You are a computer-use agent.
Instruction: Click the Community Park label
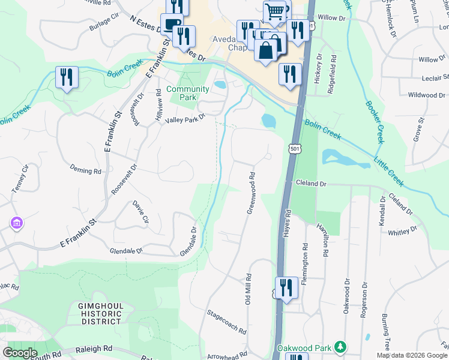[187, 93]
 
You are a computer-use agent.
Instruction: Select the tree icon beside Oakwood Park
[340, 347]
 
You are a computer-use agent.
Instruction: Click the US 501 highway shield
[294, 148]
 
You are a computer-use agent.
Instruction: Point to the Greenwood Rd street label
[252, 193]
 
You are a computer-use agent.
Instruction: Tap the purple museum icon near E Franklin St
[16, 224]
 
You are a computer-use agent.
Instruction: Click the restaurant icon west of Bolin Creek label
[66, 77]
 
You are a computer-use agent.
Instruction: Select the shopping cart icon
[275, 11]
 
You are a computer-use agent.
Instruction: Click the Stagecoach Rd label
[226, 322]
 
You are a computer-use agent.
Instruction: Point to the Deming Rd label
[85, 170]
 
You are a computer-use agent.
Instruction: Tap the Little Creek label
[390, 172]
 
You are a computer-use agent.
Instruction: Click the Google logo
[20, 353]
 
